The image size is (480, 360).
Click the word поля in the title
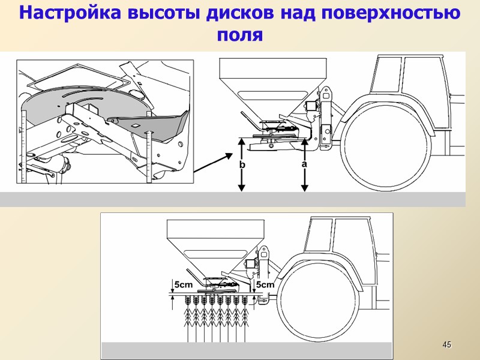pos(239,34)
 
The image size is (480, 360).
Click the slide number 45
pos(446,344)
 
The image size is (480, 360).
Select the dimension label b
pos(242,164)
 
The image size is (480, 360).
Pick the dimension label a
pos(304,163)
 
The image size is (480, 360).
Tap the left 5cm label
pos(184,284)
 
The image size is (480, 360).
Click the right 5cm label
pos(265,284)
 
